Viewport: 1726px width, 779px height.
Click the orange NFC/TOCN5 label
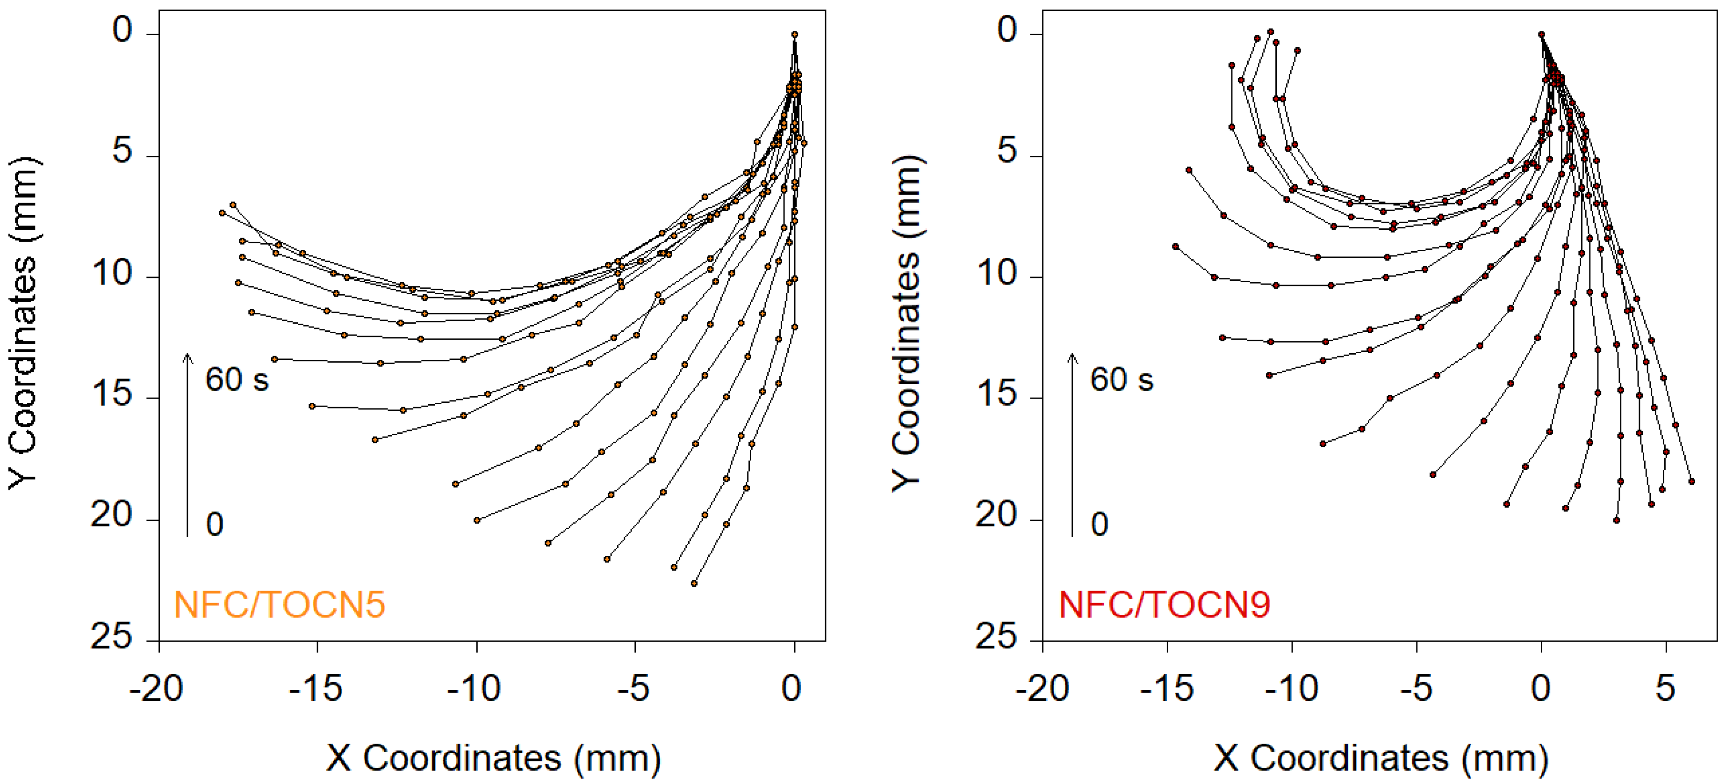[x=280, y=604]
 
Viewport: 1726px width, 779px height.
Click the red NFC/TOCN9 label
[x=1164, y=604]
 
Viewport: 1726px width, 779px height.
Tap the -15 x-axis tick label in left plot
[x=316, y=689]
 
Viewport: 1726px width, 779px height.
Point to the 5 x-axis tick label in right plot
[x=1665, y=689]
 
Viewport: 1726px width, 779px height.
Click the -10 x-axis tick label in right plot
[x=1291, y=689]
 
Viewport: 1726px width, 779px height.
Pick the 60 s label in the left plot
[x=237, y=380]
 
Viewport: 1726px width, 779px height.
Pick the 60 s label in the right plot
[x=1121, y=380]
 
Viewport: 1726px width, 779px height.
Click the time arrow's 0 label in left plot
[x=215, y=524]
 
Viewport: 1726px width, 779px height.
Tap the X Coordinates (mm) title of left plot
[x=494, y=758]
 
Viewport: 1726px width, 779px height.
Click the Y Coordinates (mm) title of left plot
[x=24, y=323]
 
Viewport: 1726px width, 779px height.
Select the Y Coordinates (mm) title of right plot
[x=908, y=323]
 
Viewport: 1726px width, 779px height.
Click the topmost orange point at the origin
[x=795, y=34]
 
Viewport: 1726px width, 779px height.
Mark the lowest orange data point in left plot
[x=694, y=583]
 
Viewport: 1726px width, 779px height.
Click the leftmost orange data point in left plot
[x=222, y=212]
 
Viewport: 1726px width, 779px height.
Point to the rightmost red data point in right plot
[x=1692, y=481]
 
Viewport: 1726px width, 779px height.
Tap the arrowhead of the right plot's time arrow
[x=1073, y=357]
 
